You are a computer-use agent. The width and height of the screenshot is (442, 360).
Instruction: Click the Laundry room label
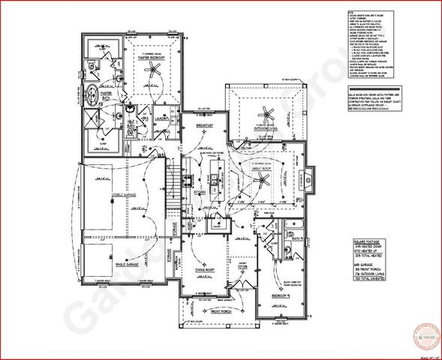coord(161,118)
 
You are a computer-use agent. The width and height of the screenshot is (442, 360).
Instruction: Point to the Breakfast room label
coord(204,125)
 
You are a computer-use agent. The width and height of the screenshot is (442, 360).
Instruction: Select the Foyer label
coord(242,264)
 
